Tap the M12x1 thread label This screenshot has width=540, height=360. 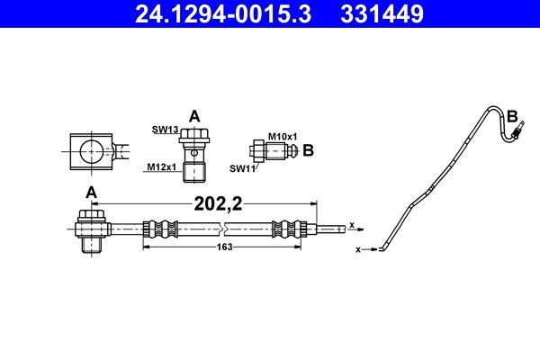(x=162, y=166)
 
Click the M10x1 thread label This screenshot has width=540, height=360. (x=283, y=135)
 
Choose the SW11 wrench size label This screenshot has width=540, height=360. (x=242, y=167)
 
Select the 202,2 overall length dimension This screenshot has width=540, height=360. (x=218, y=203)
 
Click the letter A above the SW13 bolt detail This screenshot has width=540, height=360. (x=193, y=115)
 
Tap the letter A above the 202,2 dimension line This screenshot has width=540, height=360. (x=90, y=192)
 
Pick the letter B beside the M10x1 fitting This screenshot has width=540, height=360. (x=308, y=150)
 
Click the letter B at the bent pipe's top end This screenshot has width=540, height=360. (x=512, y=116)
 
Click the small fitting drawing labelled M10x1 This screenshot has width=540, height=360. (x=272, y=150)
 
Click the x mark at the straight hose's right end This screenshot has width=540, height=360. (x=351, y=225)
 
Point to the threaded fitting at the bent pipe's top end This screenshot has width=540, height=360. (x=517, y=134)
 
